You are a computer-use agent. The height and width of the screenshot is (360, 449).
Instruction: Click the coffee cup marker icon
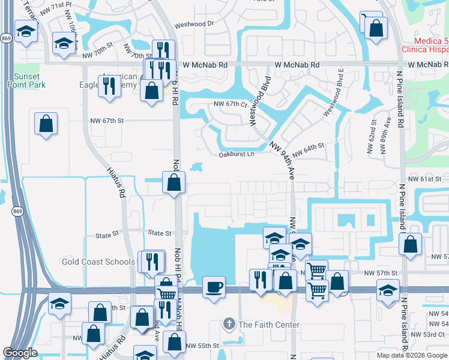tap(214, 287)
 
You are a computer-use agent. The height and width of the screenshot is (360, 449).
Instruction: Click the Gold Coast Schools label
tap(98, 262)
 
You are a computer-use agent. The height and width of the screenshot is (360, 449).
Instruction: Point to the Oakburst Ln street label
tap(237, 154)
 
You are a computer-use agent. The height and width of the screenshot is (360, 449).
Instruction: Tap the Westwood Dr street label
tap(194, 24)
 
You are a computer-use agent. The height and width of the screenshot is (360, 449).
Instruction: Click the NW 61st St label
tap(424, 179)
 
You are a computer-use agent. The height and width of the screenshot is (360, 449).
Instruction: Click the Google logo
tap(20, 353)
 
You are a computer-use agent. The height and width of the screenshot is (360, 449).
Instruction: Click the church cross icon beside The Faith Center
tap(229, 325)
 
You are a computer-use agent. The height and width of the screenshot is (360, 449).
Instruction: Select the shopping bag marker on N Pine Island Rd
tap(410, 244)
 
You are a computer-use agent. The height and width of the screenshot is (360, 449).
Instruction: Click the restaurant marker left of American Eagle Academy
tap(109, 85)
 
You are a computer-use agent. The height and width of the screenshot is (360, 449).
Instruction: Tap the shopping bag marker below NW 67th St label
tap(46, 124)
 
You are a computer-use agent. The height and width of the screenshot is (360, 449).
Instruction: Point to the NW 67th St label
tap(107, 121)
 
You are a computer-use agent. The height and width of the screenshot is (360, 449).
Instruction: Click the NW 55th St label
tap(202, 346)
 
